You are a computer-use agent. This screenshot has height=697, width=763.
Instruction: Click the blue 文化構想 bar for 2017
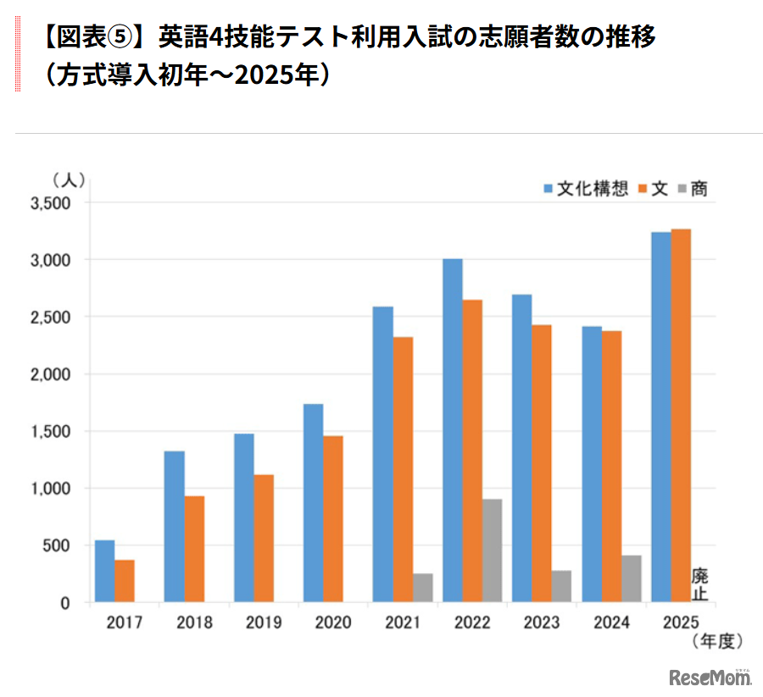pos(104,572)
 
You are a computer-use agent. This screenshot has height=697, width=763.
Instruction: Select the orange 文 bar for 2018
pos(194,549)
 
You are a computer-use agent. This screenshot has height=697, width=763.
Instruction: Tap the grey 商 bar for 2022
pos(492,550)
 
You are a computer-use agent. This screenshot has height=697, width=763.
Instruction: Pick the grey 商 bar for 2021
pos(421,588)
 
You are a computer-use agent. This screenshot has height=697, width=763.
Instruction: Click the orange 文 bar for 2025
pos(681,415)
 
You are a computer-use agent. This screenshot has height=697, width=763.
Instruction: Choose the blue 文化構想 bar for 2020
pos(313,503)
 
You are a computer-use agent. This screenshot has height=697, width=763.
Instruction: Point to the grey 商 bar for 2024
pos(631,578)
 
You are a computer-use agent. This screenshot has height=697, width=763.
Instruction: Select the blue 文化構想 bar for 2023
pos(521,448)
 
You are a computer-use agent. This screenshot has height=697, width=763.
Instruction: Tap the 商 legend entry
pos(693,189)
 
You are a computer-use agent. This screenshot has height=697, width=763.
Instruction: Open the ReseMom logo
pos(710,678)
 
